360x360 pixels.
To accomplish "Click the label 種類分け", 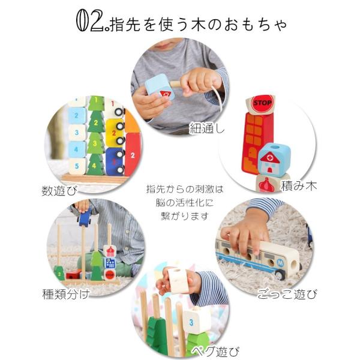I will pyautogui.click(x=66, y=293).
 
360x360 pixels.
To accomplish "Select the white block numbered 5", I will pyautogui.click(x=77, y=164).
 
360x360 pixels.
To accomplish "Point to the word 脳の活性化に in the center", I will pyautogui.click(x=181, y=203).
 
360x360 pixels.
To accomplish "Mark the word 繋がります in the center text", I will pyautogui.click(x=181, y=216).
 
